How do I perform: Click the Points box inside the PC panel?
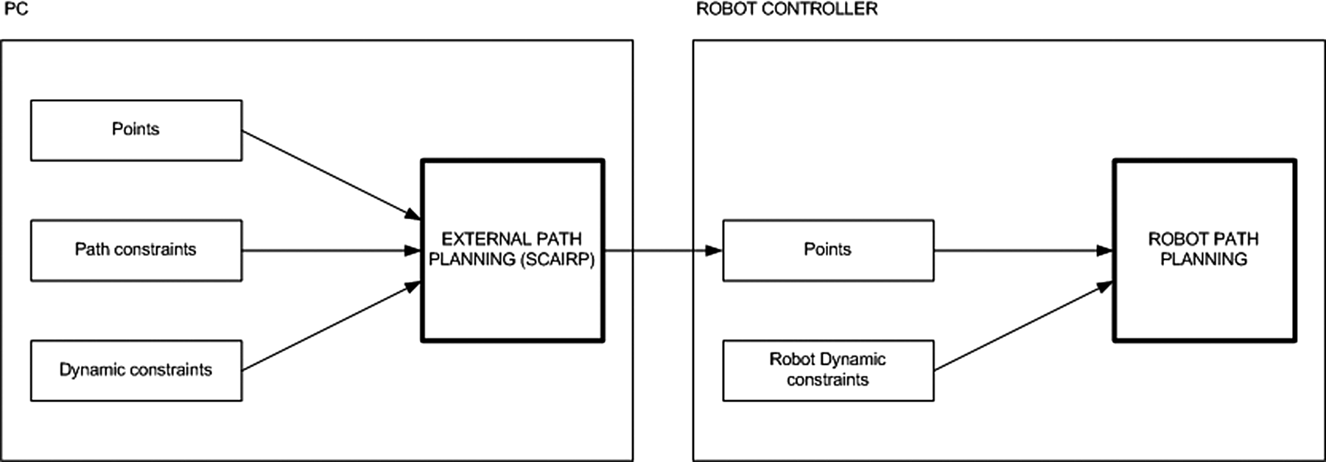(x=136, y=130)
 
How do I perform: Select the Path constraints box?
(x=136, y=250)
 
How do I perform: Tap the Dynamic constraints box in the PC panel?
(x=136, y=370)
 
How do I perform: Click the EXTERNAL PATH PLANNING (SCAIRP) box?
(x=513, y=250)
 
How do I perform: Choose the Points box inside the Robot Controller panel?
(x=828, y=250)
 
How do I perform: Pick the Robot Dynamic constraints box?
(x=828, y=370)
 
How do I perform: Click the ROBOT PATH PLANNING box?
(x=1204, y=250)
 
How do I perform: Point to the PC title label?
(x=16, y=10)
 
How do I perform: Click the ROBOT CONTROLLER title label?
(x=787, y=10)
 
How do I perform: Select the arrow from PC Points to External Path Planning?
(x=331, y=175)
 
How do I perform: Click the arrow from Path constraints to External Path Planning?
(x=331, y=251)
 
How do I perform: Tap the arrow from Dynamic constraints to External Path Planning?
(x=331, y=326)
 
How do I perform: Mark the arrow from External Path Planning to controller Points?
(x=664, y=251)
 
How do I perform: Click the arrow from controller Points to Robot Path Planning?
(x=1024, y=251)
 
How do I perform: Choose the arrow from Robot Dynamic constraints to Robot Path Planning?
(x=1024, y=326)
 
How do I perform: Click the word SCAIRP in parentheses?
(x=558, y=260)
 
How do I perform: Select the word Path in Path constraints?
(x=92, y=249)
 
